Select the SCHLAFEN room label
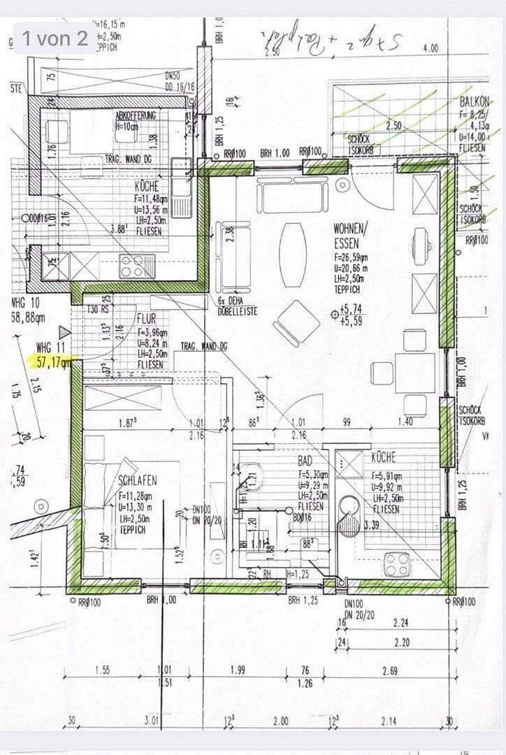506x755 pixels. point(137,481)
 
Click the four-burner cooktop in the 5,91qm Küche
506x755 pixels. point(397,563)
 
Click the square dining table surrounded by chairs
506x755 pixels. point(414,373)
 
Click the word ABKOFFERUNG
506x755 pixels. point(136,114)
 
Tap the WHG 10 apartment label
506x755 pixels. point(27,303)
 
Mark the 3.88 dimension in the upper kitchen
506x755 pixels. point(118,228)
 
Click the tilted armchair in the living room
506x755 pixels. point(296,322)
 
